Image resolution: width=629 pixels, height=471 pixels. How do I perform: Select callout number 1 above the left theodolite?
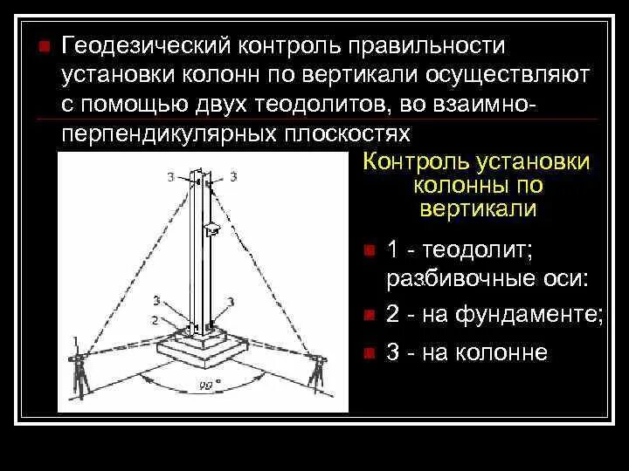point(76,339)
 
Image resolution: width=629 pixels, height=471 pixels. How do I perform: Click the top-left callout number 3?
point(170,177)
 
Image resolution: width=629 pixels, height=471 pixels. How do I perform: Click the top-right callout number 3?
point(232,177)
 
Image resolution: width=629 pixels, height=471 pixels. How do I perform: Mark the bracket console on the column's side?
point(211,230)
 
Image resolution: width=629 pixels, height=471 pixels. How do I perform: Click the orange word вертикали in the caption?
point(477,209)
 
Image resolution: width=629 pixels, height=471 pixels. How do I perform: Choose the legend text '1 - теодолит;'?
point(459,250)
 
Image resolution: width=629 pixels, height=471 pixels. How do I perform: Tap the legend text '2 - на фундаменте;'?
point(494,314)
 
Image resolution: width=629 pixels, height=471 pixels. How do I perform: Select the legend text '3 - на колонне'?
point(467,352)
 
